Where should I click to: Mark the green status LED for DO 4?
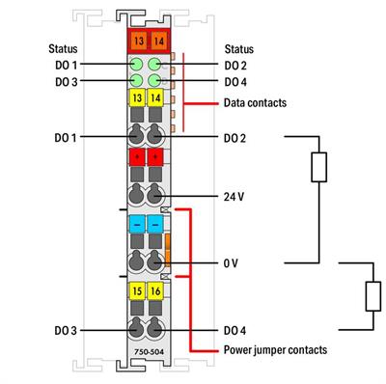(154, 81)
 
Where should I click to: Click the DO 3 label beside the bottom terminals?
(67, 330)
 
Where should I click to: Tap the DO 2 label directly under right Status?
(235, 65)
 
